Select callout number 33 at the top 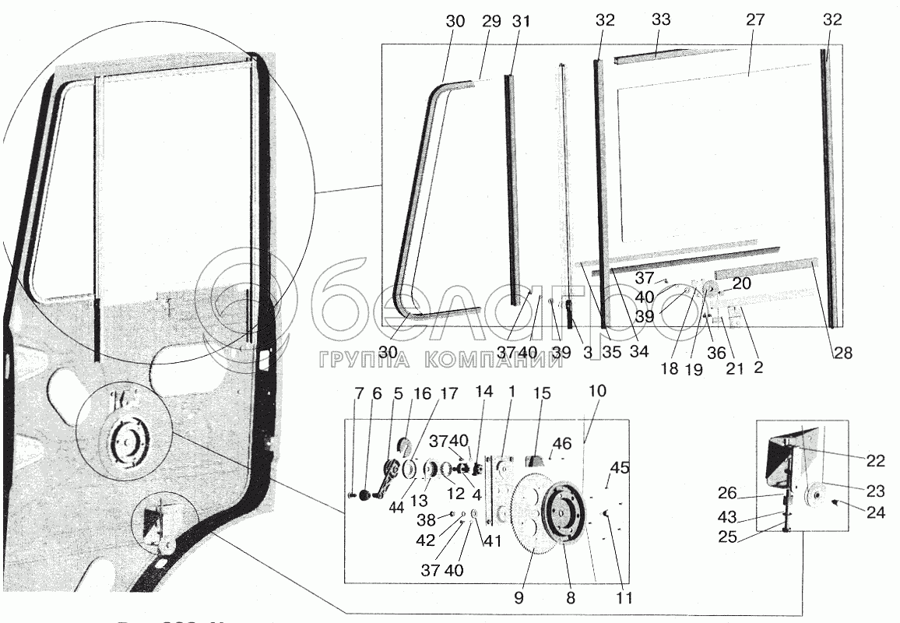pos(660,21)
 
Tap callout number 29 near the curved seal pos(490,21)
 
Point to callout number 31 pos(521,21)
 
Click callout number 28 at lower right pos(842,353)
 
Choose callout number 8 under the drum pos(570,599)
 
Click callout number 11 pos(623,599)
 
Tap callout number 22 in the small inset pos(876,461)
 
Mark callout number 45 pos(620,468)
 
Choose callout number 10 pos(597,389)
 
